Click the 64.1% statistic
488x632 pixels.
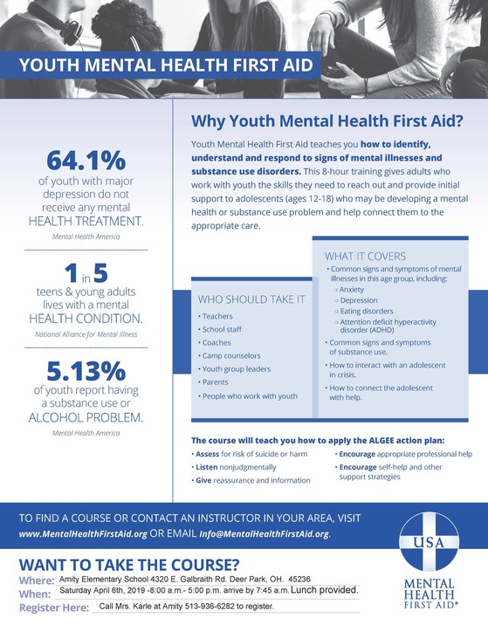point(86,161)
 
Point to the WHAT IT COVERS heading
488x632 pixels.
point(365,257)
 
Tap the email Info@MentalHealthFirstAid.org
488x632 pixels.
point(270,533)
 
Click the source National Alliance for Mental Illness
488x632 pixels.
point(86,334)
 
